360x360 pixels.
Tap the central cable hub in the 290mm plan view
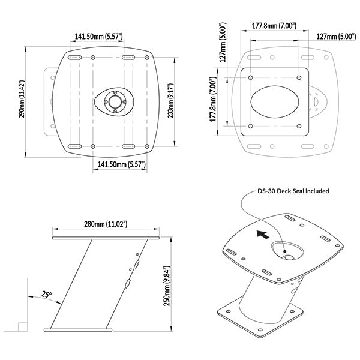click(112, 101)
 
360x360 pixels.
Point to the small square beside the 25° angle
click(20, 327)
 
